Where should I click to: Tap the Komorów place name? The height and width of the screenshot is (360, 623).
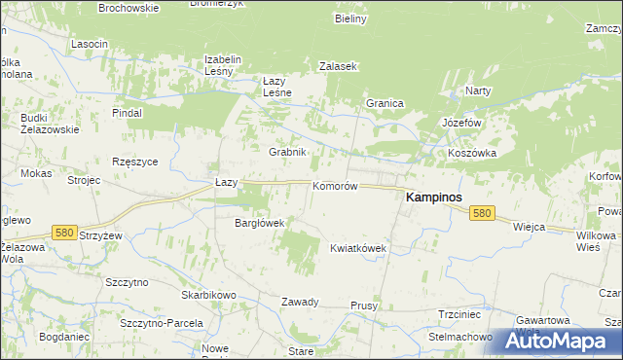click(x=336, y=185)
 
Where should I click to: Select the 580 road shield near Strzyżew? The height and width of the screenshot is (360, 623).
click(x=65, y=233)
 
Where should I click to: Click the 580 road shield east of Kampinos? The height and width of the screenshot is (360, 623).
click(x=481, y=213)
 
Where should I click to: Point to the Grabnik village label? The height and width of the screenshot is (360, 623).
click(x=288, y=152)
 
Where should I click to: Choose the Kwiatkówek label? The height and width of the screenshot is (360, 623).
click(x=359, y=248)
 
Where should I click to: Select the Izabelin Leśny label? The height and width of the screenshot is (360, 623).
click(x=222, y=64)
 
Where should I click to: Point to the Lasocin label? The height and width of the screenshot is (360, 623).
click(x=90, y=45)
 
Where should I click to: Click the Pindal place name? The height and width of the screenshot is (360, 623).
click(x=127, y=113)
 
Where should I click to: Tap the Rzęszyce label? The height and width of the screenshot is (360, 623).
click(x=135, y=162)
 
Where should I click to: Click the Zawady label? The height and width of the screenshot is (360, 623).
click(x=301, y=302)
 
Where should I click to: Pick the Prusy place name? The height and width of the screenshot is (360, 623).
click(x=364, y=306)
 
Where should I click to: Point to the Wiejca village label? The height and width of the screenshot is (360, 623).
click(x=529, y=226)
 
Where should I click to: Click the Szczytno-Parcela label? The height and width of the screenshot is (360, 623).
click(x=161, y=322)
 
